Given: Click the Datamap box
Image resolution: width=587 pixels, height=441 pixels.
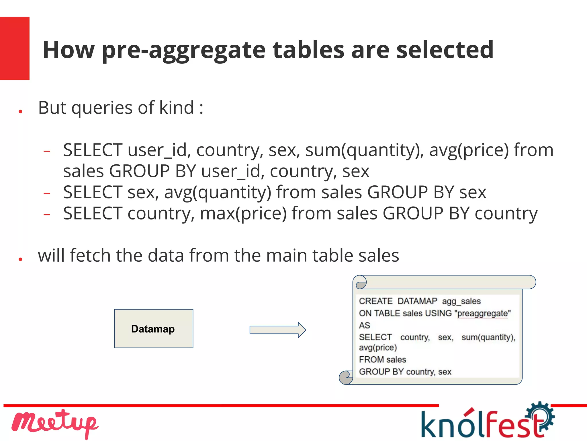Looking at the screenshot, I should point(154,329).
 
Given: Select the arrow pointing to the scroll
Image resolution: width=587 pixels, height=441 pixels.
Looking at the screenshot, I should point(277,330).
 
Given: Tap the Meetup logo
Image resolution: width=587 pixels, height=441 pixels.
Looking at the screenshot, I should point(54,423).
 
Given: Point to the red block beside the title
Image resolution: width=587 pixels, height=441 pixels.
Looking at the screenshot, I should point(15,48).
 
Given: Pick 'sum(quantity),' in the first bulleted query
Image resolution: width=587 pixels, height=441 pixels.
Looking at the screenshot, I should point(364,150).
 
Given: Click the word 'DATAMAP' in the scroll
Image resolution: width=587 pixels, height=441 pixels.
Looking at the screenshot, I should point(417,301).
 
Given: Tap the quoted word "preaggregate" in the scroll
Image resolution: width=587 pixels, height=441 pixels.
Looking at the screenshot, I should point(482,313).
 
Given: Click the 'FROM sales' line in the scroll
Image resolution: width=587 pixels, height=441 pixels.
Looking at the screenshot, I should point(382,360).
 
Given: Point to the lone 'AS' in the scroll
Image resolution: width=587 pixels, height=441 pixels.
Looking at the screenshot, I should point(365,325).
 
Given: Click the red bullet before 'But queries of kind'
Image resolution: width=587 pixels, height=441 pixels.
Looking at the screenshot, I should point(20,111).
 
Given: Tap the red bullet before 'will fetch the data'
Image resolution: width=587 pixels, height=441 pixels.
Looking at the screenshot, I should point(20,259).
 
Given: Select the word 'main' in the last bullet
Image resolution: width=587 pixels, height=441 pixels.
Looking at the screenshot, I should point(287,255).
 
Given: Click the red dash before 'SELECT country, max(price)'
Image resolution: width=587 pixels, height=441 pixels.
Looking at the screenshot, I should point(47,214).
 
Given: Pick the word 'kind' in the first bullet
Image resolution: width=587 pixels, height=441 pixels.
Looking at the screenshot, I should point(177,108).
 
